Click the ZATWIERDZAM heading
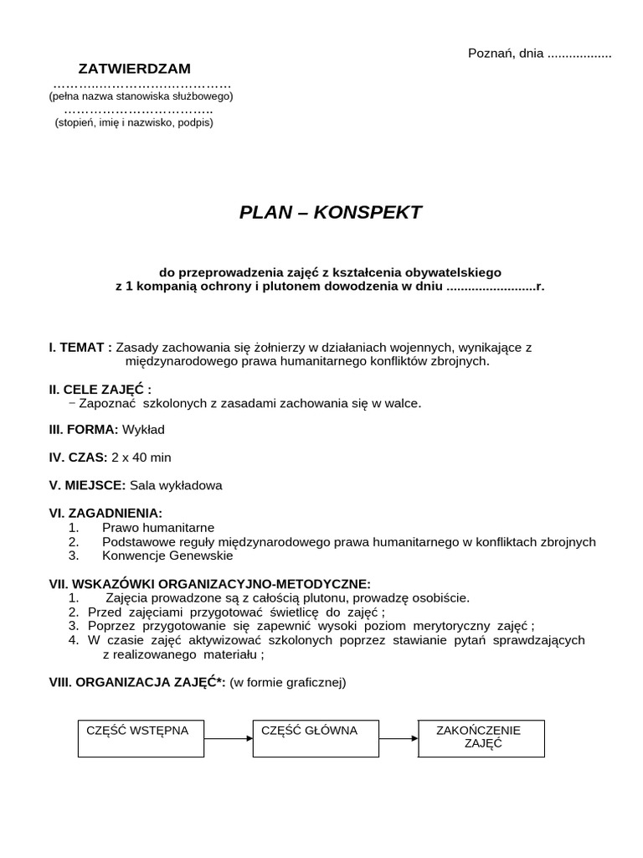pyautogui.click(x=134, y=68)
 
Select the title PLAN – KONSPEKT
pyautogui.click(x=331, y=212)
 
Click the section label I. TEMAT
pyautogui.click(x=80, y=347)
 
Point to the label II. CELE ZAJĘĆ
pyautogui.click(x=100, y=389)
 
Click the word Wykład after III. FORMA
pyautogui.click(x=143, y=429)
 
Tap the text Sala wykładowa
pyautogui.click(x=176, y=484)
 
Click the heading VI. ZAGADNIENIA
pyautogui.click(x=105, y=512)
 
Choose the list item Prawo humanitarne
pyautogui.click(x=158, y=527)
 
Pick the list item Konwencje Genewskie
pyautogui.click(x=167, y=555)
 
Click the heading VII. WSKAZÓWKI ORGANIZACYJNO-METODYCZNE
pyautogui.click(x=209, y=583)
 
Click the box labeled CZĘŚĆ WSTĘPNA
pyautogui.click(x=141, y=738)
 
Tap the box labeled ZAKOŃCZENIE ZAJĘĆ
pyautogui.click(x=481, y=737)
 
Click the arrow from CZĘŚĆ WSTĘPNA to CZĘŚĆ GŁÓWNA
pyautogui.click(x=228, y=738)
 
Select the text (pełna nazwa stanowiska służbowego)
pyautogui.click(x=141, y=96)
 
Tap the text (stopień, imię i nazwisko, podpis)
pyautogui.click(x=134, y=122)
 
